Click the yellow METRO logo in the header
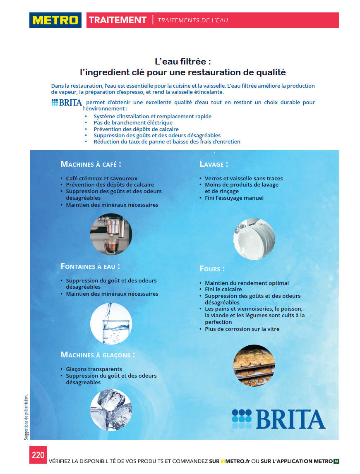click(x=55, y=20)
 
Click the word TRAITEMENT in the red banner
click(x=118, y=20)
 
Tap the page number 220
click(x=38, y=455)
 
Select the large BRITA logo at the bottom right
click(x=278, y=419)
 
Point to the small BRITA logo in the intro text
click(x=66, y=103)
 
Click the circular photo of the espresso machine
click(x=111, y=234)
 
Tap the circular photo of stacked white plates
click(x=254, y=239)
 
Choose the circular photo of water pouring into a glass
click(x=111, y=323)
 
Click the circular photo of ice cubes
click(x=111, y=410)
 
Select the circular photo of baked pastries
click(x=254, y=366)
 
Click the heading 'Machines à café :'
click(x=91, y=164)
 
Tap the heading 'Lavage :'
click(x=214, y=164)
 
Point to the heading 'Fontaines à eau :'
click(x=91, y=266)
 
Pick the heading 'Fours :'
click(x=212, y=269)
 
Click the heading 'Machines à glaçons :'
click(x=98, y=355)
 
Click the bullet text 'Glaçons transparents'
click(x=94, y=369)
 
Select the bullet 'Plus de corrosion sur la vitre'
click(x=242, y=329)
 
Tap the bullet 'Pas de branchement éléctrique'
click(x=133, y=122)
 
